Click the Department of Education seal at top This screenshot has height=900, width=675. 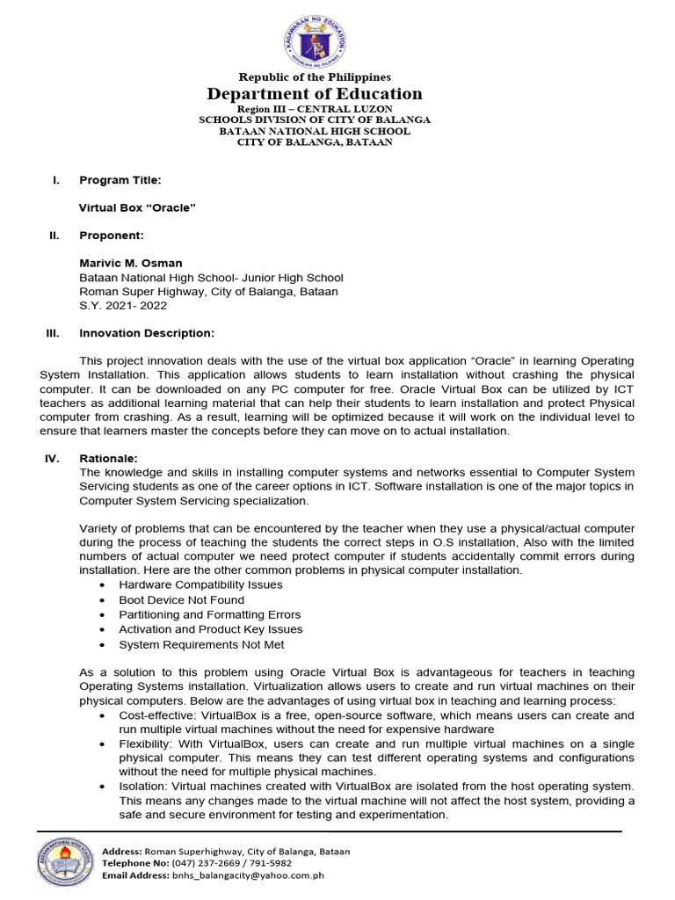(x=315, y=39)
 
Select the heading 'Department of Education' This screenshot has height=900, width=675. (x=315, y=94)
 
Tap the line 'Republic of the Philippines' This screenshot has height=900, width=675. (x=315, y=77)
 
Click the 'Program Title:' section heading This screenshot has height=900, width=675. (x=120, y=180)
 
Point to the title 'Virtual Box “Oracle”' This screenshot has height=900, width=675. (x=137, y=208)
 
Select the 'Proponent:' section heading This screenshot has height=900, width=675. (x=112, y=236)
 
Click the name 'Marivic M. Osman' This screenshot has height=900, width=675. (x=131, y=263)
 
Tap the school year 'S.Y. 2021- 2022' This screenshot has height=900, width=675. (x=123, y=306)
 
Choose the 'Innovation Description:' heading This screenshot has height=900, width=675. (x=147, y=333)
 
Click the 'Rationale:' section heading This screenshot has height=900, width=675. (x=108, y=458)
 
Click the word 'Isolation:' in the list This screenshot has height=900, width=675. (x=144, y=786)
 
